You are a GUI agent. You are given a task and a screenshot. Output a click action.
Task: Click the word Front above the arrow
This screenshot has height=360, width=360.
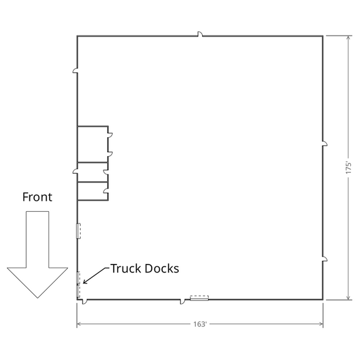pos(37,197)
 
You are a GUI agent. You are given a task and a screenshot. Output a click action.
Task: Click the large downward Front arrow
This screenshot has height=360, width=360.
pos(37,255)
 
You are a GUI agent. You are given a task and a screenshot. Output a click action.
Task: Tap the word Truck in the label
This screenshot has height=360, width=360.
pos(126,268)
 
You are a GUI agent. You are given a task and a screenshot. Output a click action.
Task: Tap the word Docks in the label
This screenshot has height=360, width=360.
pos(162,268)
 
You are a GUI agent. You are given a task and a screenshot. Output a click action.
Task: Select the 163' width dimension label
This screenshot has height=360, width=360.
pos(200,324)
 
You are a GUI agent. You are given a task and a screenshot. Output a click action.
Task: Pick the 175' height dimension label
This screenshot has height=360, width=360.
pos(348,168)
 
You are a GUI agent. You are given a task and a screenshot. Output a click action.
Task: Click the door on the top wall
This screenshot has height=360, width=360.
pos(200,34)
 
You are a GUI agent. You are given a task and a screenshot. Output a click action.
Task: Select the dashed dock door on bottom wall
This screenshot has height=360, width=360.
pos(200,298)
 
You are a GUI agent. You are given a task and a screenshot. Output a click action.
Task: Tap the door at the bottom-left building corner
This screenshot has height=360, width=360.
pos(84,302)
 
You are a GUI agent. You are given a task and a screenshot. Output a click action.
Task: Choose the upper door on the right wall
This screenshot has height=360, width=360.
pos(324,144)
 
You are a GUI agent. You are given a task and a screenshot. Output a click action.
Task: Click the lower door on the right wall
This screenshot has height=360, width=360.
pos(324,259)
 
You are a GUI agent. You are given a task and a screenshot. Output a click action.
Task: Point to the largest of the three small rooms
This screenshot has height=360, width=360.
pos(92,144)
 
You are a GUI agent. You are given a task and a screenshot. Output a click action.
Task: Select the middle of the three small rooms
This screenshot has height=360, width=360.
pos(92,172)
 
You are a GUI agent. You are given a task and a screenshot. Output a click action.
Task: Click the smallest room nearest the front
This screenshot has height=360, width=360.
pos(92,192)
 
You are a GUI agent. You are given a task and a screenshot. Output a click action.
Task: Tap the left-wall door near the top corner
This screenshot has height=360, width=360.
pos(75,70)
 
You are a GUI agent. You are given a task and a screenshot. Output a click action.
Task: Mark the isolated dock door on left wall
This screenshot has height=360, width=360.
pos(78,231)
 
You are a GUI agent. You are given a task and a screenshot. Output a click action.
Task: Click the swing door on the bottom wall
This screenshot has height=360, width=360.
pos(182,302)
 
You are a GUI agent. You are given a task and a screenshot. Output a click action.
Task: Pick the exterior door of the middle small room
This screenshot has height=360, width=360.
pos(75,171)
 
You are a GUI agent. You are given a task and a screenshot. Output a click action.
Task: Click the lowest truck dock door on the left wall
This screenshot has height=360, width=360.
pos(78,291)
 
